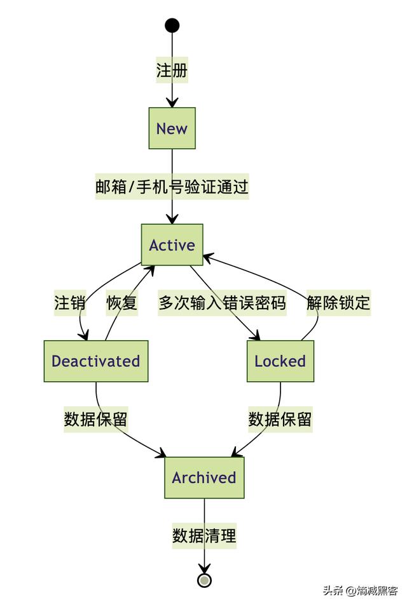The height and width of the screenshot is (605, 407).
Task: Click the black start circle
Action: pos(172,25)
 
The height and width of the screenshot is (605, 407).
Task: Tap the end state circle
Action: pos(204,580)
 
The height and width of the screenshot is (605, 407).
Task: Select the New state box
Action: pos(172,128)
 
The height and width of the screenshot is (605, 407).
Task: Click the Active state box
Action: pos(172,244)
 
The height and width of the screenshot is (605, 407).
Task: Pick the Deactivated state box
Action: pos(95,361)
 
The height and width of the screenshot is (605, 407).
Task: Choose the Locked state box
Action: pos(280,361)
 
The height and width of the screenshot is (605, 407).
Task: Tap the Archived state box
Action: pos(204,477)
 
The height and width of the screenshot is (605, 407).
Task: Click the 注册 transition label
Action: pos(172,70)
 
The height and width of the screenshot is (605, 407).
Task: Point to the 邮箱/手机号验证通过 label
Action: pos(172,187)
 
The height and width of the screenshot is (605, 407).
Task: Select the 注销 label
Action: pos(70,303)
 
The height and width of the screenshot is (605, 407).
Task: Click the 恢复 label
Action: pos(122,303)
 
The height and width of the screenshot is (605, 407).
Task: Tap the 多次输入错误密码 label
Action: pos(222,303)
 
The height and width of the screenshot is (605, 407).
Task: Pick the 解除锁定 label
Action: pos(338,303)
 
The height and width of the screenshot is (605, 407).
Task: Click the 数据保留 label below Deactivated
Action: pos(95,419)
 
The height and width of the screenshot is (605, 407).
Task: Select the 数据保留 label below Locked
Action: pos(280,419)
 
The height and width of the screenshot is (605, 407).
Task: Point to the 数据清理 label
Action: pos(204,536)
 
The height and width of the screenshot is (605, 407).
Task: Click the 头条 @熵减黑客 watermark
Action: pos(360,590)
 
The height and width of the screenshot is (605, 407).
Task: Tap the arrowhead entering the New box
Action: pos(172,103)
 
